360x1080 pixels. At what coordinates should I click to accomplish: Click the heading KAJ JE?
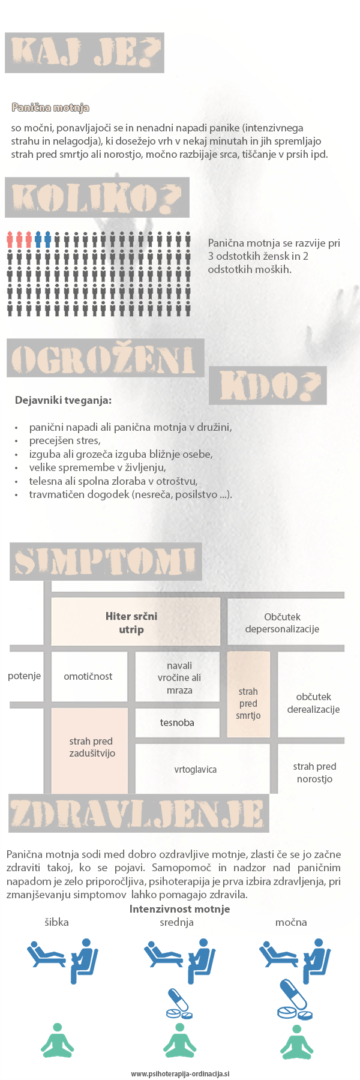[85, 53]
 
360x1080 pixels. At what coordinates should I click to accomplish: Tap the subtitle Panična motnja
[50, 107]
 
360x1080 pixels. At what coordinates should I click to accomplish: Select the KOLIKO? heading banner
[97, 197]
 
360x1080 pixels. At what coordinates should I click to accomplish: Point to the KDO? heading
[268, 385]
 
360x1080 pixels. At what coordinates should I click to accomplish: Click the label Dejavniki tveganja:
[63, 400]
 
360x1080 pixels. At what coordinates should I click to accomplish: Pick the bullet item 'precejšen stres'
[65, 440]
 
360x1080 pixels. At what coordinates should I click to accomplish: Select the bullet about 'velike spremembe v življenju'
[97, 467]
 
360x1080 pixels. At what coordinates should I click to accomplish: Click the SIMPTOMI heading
[106, 562]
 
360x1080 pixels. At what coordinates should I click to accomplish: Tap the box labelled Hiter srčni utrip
[131, 623]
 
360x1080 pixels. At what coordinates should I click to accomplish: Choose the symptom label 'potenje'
[24, 676]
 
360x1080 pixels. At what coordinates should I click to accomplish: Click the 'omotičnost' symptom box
[88, 676]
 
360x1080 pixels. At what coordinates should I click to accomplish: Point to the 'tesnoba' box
[177, 722]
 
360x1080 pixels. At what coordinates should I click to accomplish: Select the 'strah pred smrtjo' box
[248, 703]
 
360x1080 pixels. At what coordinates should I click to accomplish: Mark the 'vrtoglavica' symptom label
[196, 769]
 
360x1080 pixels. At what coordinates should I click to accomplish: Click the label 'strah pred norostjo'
[314, 773]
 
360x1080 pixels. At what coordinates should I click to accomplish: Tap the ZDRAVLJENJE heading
[139, 815]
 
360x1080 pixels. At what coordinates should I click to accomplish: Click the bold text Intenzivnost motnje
[179, 909]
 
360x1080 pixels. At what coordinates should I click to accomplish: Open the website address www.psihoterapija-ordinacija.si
[180, 1074]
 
